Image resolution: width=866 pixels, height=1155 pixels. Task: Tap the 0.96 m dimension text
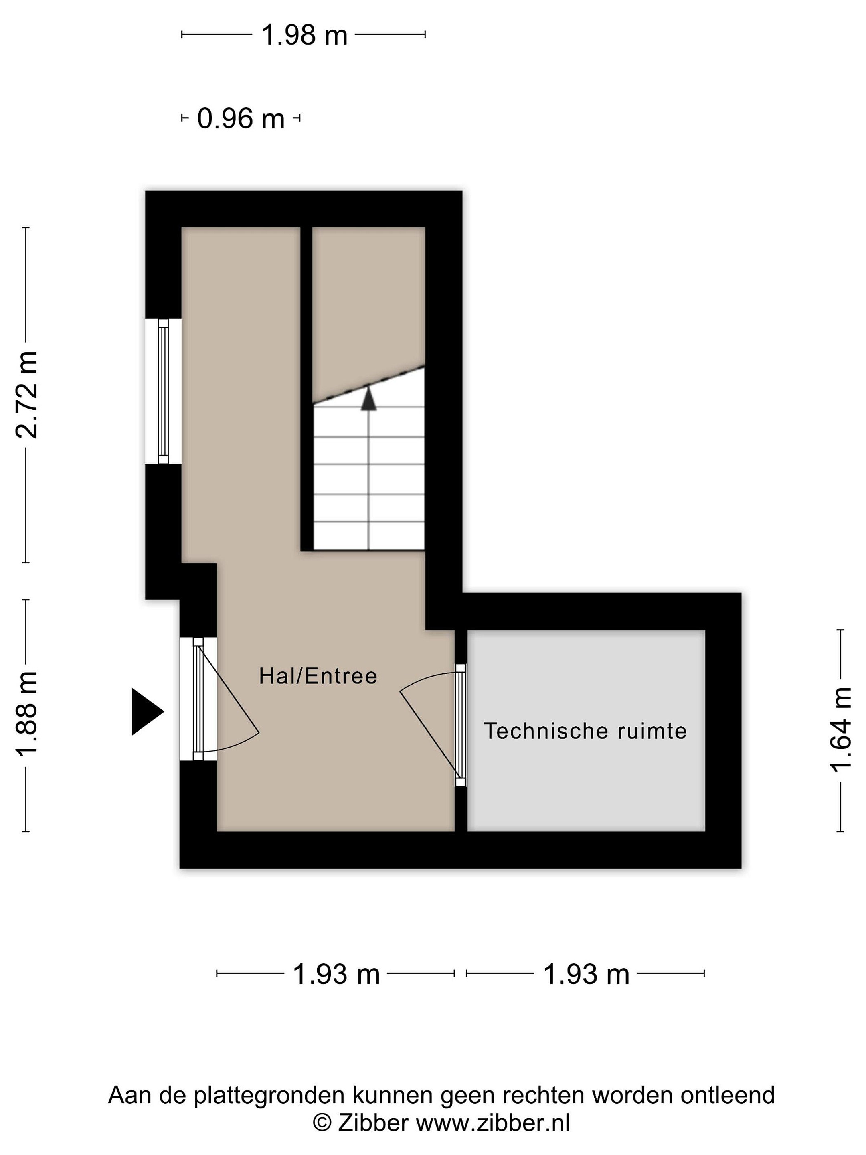tap(241, 119)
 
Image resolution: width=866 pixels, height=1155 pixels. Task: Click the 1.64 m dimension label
tap(840, 729)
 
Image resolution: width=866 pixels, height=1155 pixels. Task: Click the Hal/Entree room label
tap(318, 676)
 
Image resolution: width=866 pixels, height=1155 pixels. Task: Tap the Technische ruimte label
tap(585, 731)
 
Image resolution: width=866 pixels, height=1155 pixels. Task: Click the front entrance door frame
tap(198, 699)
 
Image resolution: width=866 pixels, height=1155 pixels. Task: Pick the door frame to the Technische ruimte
tap(460, 725)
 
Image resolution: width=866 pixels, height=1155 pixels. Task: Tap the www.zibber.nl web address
tap(492, 1122)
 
